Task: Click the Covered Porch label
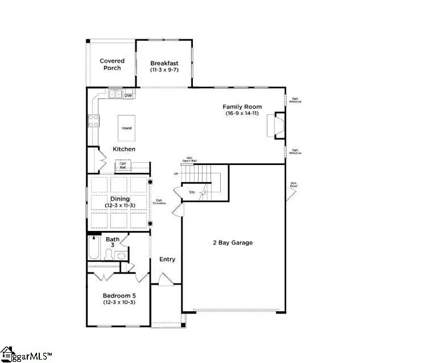[x=112, y=64]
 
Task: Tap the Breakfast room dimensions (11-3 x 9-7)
[x=164, y=70]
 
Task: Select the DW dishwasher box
[x=129, y=95]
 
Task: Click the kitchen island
[x=127, y=128]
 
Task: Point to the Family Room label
[x=242, y=106]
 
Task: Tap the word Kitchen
[x=124, y=149]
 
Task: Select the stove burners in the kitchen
[x=93, y=121]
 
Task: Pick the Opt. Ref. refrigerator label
[x=123, y=166]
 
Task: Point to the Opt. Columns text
[x=160, y=202]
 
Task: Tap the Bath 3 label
[x=113, y=242]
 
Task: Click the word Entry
[x=167, y=259]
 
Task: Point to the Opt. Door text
[x=294, y=185]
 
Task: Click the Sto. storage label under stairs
[x=193, y=192]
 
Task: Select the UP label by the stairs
[x=176, y=174]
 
